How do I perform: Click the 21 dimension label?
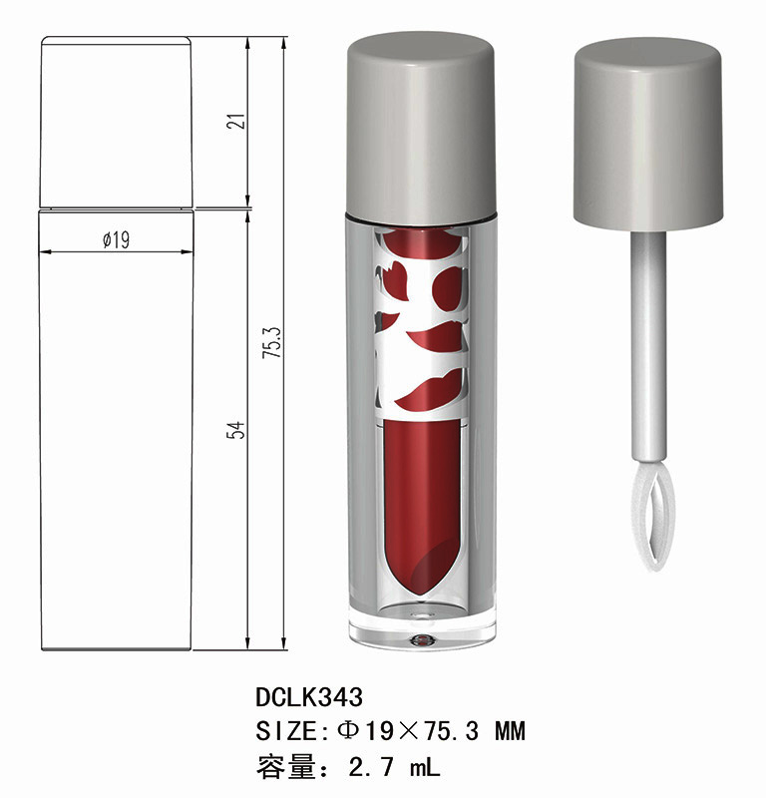click(236, 121)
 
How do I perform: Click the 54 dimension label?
click(236, 430)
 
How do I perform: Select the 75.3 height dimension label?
click(272, 342)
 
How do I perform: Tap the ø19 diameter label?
click(116, 239)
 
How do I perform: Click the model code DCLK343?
click(309, 696)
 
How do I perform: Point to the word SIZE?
click(286, 731)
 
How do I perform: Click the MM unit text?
click(510, 731)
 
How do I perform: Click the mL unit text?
click(425, 766)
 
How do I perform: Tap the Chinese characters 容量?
click(286, 767)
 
